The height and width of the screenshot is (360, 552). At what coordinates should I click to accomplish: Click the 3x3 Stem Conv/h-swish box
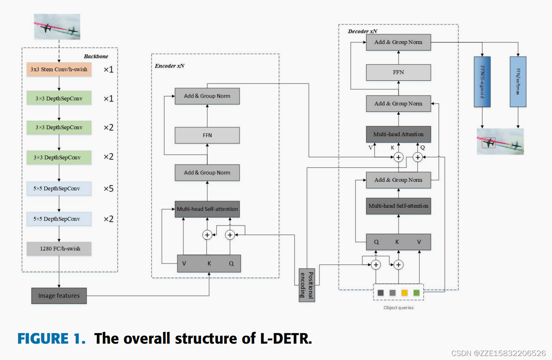click(x=59, y=70)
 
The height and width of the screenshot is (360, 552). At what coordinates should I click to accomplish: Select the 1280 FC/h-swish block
click(x=59, y=249)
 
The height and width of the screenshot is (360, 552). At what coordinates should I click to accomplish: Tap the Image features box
click(x=59, y=296)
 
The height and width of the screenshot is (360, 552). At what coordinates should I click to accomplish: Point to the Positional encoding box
click(x=307, y=285)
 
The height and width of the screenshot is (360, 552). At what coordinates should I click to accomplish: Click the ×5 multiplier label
click(x=108, y=189)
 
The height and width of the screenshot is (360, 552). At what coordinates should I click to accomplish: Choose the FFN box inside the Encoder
click(x=207, y=135)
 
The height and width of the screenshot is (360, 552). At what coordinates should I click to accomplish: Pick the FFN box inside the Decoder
click(x=398, y=72)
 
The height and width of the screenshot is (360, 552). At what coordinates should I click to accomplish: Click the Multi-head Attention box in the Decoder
click(x=398, y=134)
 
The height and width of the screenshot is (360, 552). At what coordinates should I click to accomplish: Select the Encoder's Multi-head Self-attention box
click(x=207, y=209)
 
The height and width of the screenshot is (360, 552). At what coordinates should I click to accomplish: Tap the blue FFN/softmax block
click(x=518, y=82)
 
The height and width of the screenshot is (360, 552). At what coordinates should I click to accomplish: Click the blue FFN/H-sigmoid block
click(x=482, y=82)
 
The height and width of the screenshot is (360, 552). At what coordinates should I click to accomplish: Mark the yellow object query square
click(x=404, y=293)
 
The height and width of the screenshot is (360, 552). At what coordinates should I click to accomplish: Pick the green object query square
click(x=416, y=293)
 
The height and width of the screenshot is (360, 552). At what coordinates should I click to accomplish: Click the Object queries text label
click(x=398, y=308)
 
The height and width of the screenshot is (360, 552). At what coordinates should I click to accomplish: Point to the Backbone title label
click(x=96, y=56)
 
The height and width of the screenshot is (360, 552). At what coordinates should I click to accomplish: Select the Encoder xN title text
click(x=170, y=66)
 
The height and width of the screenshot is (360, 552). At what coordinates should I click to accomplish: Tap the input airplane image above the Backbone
click(x=57, y=27)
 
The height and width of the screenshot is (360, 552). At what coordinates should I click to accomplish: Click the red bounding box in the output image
click(x=488, y=143)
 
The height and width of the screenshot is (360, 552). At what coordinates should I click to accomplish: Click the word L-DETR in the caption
click(x=286, y=338)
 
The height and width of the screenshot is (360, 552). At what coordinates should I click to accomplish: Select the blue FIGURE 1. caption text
click(x=52, y=338)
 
